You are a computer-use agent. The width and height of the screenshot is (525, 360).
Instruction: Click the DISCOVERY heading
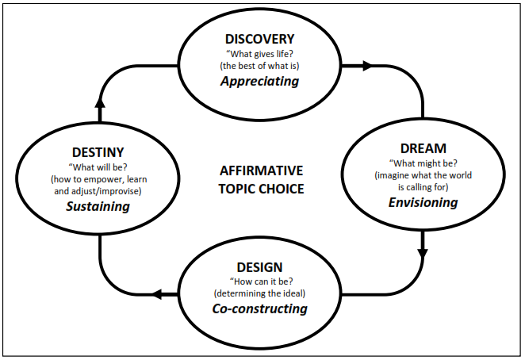(x=259, y=39)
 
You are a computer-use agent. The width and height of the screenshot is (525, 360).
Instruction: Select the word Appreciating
(x=259, y=81)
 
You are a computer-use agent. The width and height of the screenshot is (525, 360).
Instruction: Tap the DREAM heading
(x=423, y=148)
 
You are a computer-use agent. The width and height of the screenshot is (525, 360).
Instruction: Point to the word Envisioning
(x=423, y=202)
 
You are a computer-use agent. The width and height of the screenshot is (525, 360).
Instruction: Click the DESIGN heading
(x=259, y=267)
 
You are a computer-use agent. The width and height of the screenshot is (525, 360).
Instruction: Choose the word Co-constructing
(x=259, y=308)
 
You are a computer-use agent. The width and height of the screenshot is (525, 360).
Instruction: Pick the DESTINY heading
(x=98, y=152)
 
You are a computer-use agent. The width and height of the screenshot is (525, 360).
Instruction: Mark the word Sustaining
(x=98, y=207)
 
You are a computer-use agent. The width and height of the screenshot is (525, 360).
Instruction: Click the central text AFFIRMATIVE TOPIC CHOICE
(x=262, y=179)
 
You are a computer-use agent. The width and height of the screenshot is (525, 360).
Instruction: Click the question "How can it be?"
(x=259, y=281)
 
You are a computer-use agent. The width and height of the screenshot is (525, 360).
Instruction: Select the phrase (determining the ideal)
(x=259, y=293)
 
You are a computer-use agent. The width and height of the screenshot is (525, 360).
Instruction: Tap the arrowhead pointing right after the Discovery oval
(x=366, y=67)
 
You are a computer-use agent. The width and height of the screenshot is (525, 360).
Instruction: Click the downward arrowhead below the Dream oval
(x=423, y=255)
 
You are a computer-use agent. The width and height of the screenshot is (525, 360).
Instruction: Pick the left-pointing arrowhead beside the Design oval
(x=157, y=295)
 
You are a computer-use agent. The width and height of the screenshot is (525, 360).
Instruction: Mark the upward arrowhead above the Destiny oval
(x=100, y=101)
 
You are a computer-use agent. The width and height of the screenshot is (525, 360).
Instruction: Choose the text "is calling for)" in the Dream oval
(x=423, y=187)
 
